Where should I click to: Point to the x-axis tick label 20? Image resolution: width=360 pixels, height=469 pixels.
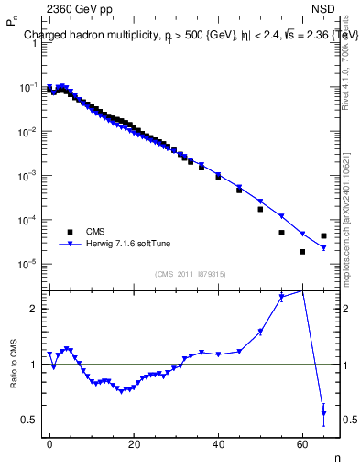coord(134,443)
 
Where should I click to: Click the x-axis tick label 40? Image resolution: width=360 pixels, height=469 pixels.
coord(218,443)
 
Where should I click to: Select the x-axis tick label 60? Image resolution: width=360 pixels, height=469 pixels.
coord(302,443)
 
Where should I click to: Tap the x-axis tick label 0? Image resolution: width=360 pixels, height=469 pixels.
coord(49,443)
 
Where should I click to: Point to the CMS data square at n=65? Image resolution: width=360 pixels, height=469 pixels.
coord(323,235)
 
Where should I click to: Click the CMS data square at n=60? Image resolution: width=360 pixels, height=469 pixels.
coord(302,252)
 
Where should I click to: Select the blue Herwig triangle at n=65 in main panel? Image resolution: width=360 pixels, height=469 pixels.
coord(323,247)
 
